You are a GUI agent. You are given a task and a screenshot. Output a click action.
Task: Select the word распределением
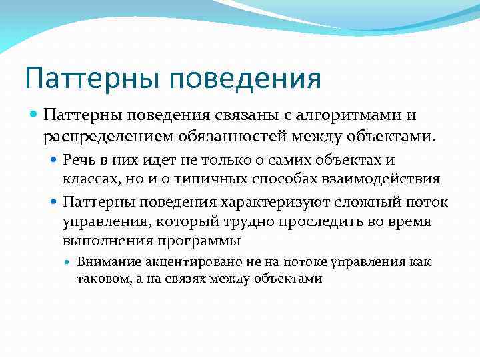[108, 136]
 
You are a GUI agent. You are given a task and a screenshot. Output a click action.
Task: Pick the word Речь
[78, 160]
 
